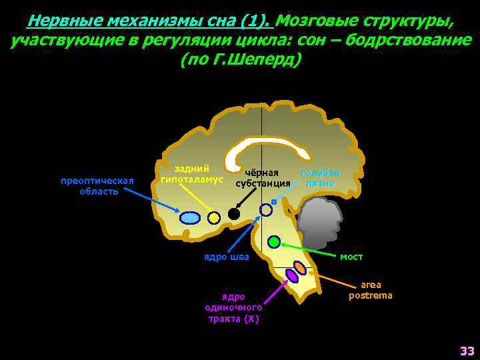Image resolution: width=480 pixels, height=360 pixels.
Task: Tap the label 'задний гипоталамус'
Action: [191, 175]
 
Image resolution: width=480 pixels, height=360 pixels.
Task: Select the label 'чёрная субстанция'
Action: [263, 178]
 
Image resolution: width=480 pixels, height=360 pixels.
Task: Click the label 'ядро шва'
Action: [227, 257]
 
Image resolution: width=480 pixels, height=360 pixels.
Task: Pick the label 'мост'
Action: [351, 256]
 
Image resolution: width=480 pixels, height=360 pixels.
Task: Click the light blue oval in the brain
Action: [190, 217]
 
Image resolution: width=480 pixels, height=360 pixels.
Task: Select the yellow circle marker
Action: [213, 217]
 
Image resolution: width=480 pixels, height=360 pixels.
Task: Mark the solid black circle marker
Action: [233, 214]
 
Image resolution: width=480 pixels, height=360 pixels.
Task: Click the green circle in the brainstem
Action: [274, 242]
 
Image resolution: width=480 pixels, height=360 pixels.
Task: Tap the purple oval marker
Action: [291, 275]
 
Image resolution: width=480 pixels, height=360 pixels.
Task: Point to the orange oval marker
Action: [300, 268]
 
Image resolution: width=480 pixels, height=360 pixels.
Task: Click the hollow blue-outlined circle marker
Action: [265, 210]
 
